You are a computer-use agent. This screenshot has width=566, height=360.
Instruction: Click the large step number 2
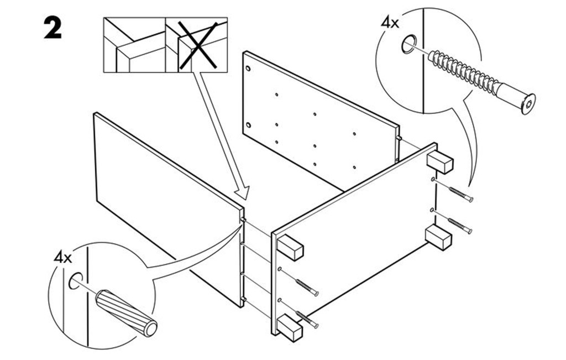click(53, 28)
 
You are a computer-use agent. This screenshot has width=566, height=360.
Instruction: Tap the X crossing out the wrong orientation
click(198, 45)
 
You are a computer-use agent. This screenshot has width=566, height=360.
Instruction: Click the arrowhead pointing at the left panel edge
click(242, 192)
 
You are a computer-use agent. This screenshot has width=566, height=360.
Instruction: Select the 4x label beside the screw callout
click(390, 23)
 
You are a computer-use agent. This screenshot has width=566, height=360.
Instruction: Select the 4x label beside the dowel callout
click(63, 258)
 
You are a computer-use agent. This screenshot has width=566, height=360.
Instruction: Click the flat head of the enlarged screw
click(528, 104)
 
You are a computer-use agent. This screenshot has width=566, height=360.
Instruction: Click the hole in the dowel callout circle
click(75, 280)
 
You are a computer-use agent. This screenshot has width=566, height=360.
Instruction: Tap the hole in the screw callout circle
click(408, 44)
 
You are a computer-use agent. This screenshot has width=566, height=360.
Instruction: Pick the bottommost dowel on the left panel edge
click(243, 299)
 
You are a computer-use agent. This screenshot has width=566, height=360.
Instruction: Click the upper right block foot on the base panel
click(439, 163)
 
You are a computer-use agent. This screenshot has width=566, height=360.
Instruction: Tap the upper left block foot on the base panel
click(290, 247)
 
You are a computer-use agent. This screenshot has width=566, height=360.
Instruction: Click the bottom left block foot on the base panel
click(290, 327)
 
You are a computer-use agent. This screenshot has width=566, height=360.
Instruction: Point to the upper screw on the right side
click(460, 194)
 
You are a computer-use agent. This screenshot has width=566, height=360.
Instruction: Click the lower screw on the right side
click(460, 225)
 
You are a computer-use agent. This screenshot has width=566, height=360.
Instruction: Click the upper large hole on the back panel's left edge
click(248, 68)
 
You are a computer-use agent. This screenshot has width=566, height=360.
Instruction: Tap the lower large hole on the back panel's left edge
click(248, 126)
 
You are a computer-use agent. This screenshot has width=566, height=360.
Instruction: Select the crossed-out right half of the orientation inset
click(196, 45)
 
